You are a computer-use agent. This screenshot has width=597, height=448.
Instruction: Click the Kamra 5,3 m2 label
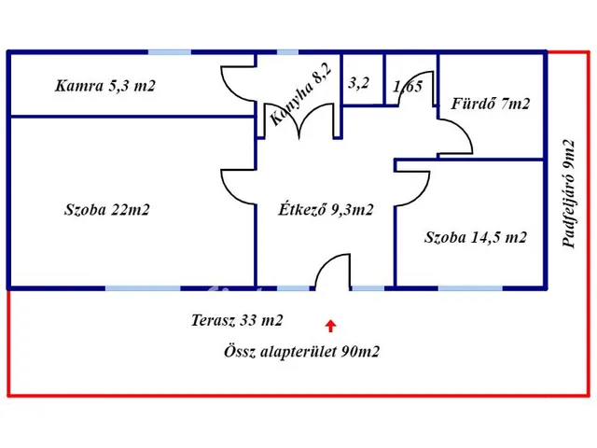(x=104, y=87)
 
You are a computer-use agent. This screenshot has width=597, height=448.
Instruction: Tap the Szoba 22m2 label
(x=107, y=210)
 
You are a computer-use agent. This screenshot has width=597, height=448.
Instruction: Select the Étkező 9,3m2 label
(x=326, y=210)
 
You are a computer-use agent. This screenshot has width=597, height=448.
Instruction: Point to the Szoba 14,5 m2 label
(x=476, y=238)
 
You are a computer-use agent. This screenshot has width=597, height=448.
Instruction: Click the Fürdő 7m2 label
(x=490, y=104)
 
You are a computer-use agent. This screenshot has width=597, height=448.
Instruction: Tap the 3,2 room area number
(x=359, y=83)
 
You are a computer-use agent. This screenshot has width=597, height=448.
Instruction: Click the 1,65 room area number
(x=409, y=88)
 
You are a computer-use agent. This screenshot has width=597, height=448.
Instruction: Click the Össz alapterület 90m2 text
(x=301, y=352)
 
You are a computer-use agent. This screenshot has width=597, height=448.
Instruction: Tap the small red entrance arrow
(x=330, y=325)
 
